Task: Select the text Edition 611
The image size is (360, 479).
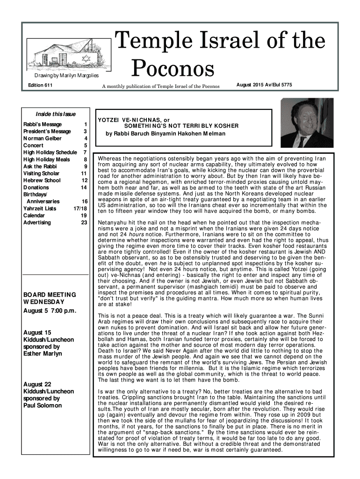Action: (41, 85)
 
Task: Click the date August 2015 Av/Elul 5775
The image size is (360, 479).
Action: (271, 85)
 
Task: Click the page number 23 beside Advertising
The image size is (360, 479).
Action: (84, 223)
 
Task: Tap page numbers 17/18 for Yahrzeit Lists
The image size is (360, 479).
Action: (80, 209)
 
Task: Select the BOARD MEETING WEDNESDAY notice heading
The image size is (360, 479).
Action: (50, 298)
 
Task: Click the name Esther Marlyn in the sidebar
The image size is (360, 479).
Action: (43, 354)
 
